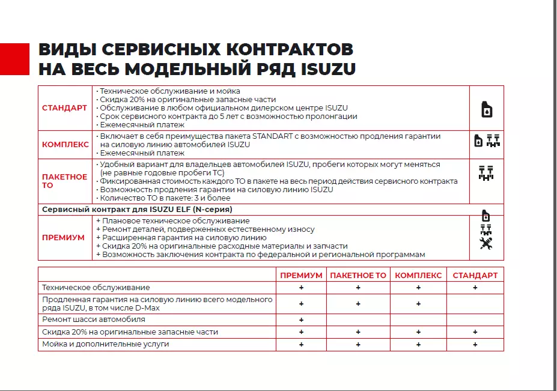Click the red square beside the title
[14, 59]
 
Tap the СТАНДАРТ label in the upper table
[64, 108]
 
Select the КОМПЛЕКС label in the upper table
[65, 145]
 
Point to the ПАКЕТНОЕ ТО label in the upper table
[64, 181]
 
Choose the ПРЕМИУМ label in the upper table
[63, 238]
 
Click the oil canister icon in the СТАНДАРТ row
[487, 109]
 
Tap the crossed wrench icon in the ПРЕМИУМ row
[486, 243]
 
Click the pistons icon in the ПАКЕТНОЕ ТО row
[485, 173]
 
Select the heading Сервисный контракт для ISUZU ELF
[137, 210]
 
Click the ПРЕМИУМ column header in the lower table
[301, 275]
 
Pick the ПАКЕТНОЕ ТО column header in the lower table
[358, 275]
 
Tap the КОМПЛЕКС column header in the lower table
[418, 275]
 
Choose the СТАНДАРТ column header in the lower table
[475, 275]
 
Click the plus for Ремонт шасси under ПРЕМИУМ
[301, 320]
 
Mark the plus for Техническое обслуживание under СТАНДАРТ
[475, 288]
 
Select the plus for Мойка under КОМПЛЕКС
[418, 345]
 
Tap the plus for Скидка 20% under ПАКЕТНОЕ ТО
[358, 332]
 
